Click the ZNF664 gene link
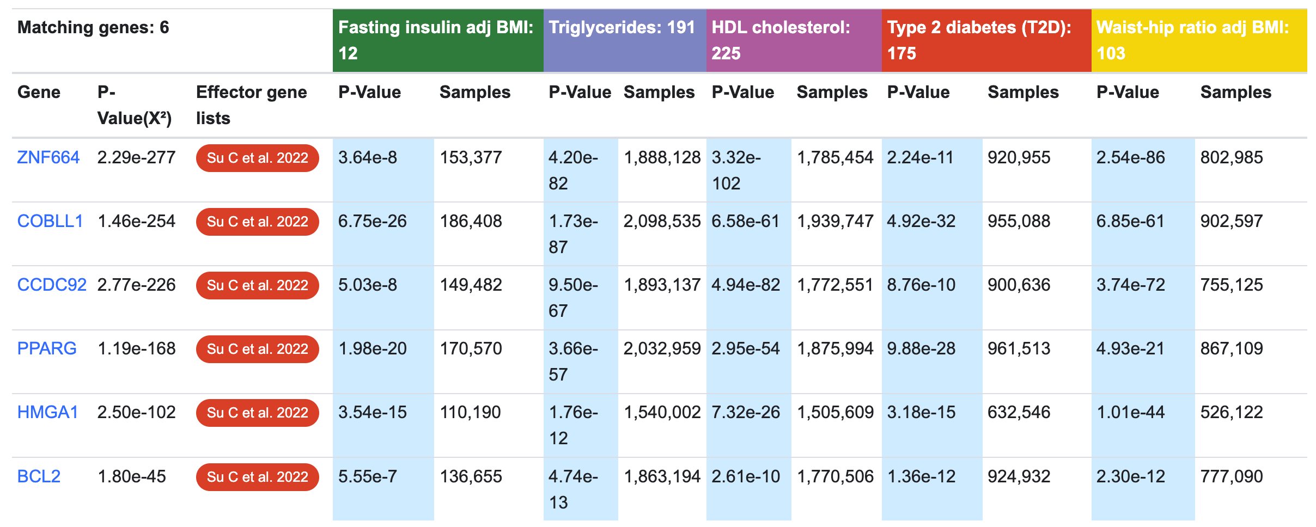48,158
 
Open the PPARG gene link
47,349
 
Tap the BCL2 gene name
39,477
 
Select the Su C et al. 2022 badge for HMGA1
257,413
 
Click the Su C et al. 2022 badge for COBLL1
257,222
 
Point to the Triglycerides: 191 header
622,28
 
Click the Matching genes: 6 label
93,28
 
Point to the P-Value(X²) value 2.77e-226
136,285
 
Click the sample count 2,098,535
662,222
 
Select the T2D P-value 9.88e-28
921,349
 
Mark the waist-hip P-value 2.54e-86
1130,158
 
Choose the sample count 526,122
1231,413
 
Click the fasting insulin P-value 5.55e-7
367,477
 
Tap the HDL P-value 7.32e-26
745,413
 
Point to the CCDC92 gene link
52,285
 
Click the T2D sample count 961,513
1019,349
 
